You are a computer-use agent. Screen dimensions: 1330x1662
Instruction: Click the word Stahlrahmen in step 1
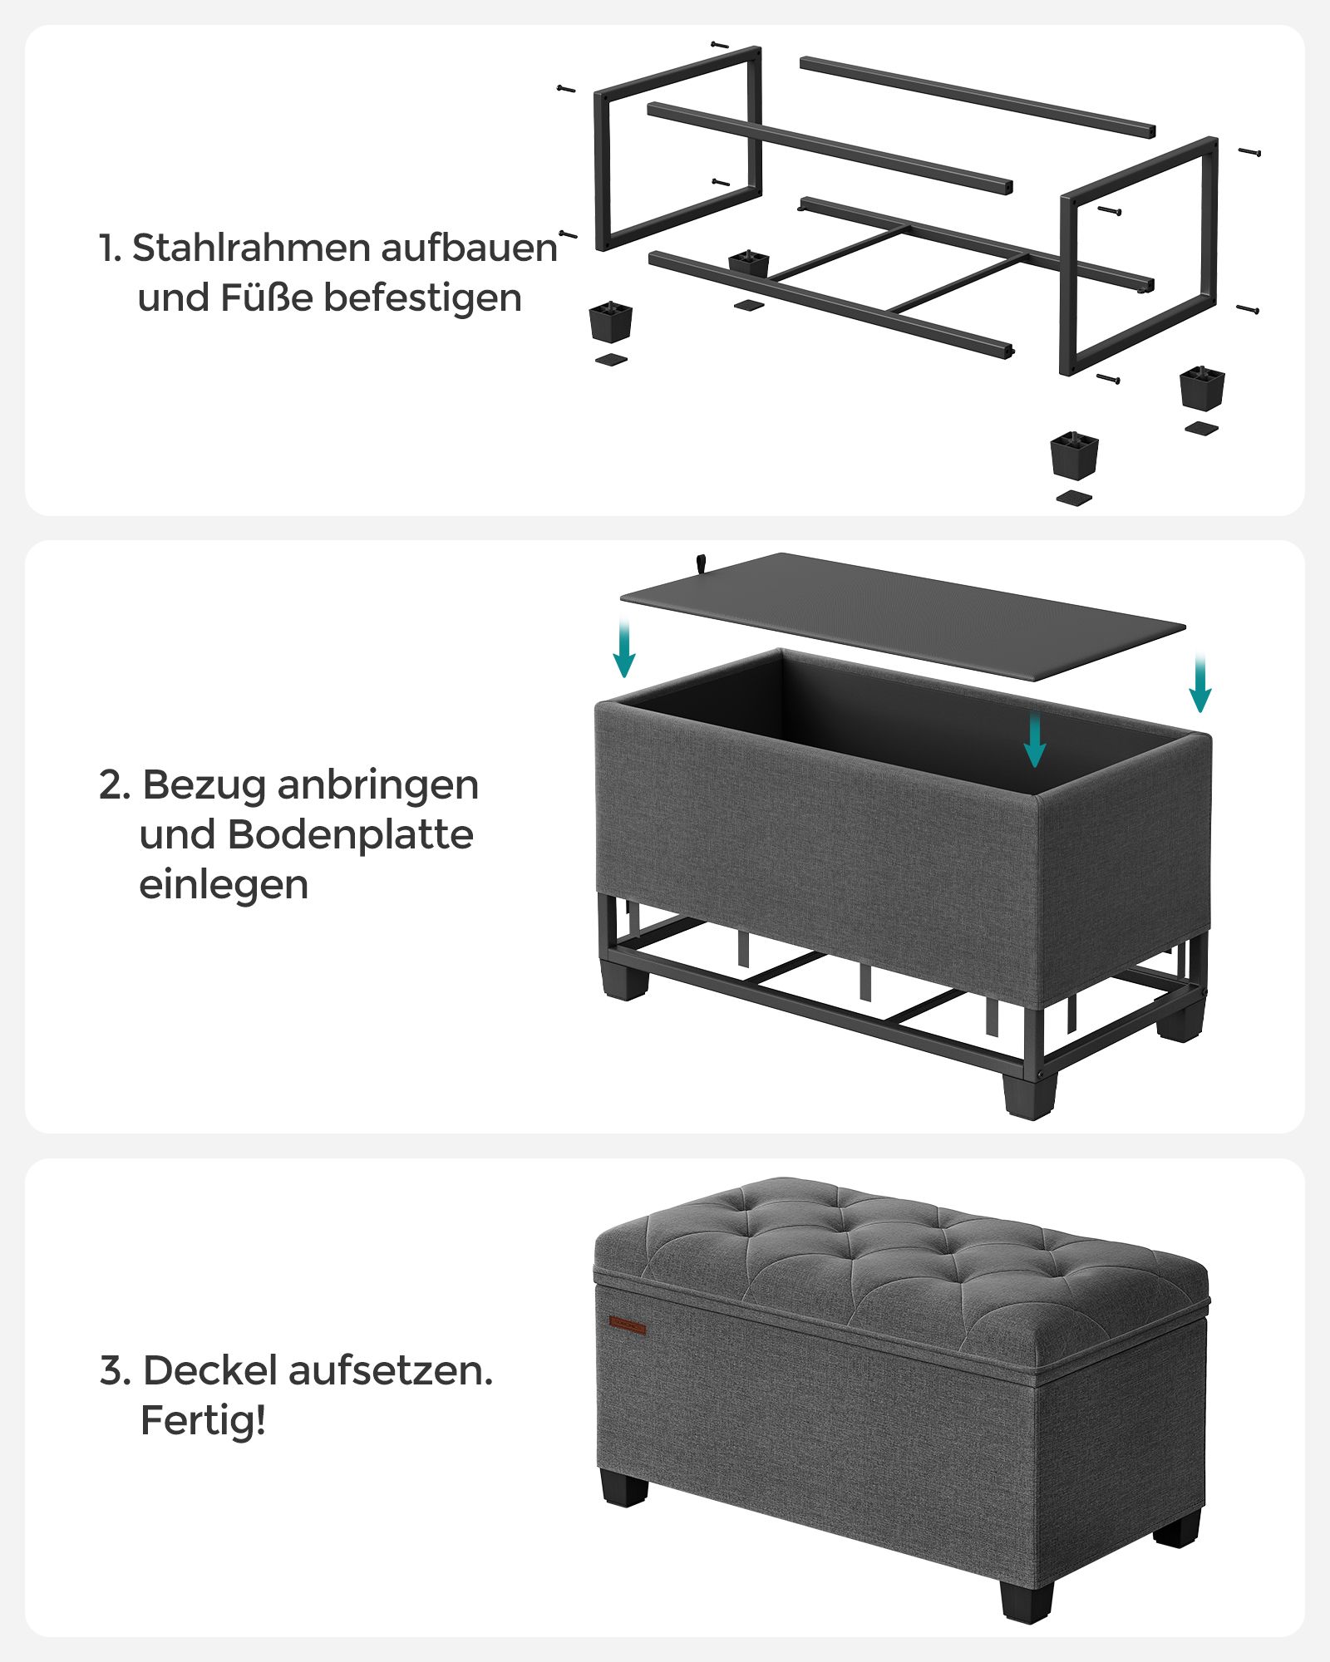(252, 248)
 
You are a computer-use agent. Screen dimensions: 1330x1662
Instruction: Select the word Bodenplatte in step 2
(350, 835)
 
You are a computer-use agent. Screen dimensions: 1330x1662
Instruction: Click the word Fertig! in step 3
(203, 1421)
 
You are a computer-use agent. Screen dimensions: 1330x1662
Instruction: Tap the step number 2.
(115, 785)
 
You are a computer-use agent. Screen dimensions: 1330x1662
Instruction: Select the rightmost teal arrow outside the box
(1199, 683)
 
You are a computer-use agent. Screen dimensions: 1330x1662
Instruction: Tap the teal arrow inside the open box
(1034, 740)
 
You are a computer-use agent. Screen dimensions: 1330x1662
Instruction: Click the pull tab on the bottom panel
(702, 563)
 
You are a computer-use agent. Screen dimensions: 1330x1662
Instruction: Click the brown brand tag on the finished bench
(627, 1324)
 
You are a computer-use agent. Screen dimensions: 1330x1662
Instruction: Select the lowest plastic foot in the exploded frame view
(1074, 455)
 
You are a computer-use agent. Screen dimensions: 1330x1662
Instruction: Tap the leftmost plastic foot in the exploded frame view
(611, 321)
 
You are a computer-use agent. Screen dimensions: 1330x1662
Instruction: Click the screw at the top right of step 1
(1250, 151)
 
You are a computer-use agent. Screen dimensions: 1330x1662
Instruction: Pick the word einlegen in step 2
(224, 885)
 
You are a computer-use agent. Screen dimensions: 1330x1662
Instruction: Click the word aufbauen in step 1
(470, 248)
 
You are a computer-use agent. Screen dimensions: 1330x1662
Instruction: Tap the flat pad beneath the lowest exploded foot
(1074, 499)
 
